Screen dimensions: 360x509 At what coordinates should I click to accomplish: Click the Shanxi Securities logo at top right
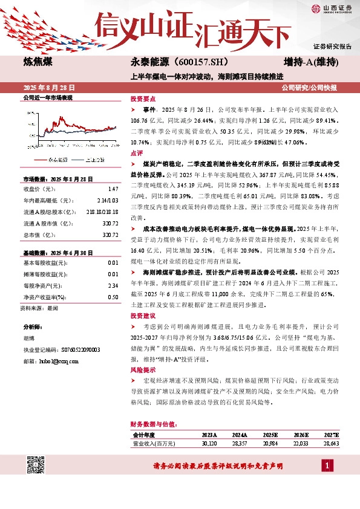tap(331, 8)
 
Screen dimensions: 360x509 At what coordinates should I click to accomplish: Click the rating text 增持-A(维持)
tap(310, 62)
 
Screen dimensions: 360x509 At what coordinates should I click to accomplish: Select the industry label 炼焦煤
tap(39, 62)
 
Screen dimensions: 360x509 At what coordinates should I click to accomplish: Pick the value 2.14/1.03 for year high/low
tap(108, 198)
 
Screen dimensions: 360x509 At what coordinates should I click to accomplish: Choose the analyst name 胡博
tap(29, 339)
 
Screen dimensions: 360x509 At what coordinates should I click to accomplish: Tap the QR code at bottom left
tap(35, 465)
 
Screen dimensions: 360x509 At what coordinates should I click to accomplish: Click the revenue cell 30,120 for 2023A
tap(209, 444)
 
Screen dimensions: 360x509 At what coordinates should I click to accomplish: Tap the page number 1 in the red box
tap(327, 466)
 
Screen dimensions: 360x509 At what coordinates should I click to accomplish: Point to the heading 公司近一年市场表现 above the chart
tap(47, 97)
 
